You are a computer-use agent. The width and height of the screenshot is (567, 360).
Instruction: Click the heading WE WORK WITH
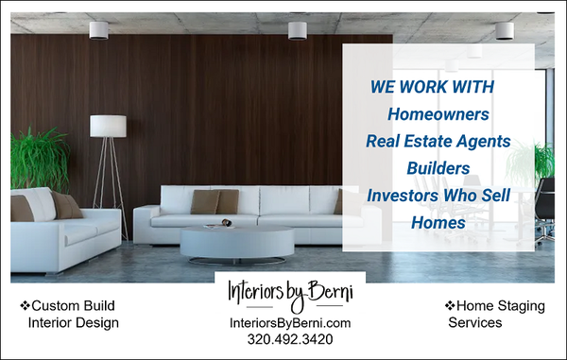(x=433, y=86)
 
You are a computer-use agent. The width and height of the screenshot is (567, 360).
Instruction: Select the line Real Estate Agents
(x=438, y=141)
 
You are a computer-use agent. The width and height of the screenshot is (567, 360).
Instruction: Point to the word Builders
(x=438, y=168)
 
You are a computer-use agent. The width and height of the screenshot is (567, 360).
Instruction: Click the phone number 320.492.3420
(x=290, y=338)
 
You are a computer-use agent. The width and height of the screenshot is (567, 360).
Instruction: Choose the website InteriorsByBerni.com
(x=290, y=322)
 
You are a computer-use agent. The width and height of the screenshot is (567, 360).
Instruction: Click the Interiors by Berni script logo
(x=290, y=292)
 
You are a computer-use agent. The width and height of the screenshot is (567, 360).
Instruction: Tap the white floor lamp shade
(x=108, y=126)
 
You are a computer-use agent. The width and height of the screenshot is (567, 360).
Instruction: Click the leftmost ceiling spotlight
(x=98, y=29)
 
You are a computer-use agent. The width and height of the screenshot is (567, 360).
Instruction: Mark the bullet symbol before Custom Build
(x=25, y=307)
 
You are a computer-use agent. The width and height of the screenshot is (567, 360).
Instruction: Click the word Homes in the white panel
(x=438, y=223)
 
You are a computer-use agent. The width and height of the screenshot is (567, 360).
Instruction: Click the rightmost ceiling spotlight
(x=505, y=29)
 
